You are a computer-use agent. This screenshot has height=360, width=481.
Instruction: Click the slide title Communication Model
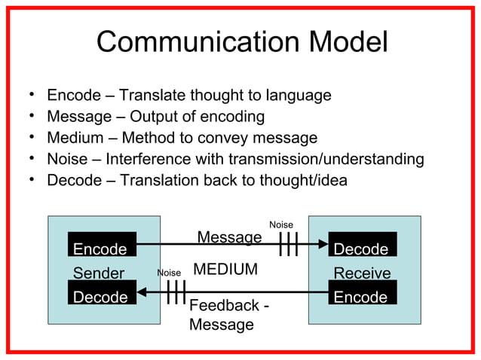point(242,42)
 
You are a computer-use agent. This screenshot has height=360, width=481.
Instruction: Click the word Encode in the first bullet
point(73,96)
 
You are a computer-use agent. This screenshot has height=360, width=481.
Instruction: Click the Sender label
point(99,273)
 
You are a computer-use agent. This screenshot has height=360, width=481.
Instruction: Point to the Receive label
point(362,273)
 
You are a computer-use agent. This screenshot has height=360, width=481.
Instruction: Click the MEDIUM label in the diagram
point(225,270)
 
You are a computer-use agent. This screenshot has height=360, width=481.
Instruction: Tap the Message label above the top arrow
point(229,237)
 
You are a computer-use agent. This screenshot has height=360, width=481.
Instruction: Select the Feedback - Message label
point(229,315)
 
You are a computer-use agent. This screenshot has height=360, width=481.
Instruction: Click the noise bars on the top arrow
point(289,245)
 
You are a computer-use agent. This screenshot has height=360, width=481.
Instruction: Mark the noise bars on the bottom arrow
point(175,292)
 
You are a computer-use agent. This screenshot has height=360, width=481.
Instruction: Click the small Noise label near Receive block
point(281,224)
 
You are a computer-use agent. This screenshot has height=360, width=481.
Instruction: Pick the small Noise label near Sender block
point(169,272)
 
